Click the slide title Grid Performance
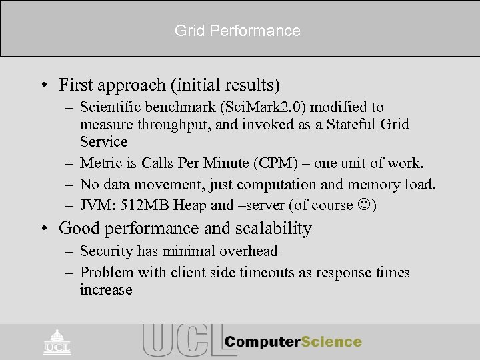pos(237,31)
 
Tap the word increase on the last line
pos(105,290)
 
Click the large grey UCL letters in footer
pos(180,340)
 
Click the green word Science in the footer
pos(329,342)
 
